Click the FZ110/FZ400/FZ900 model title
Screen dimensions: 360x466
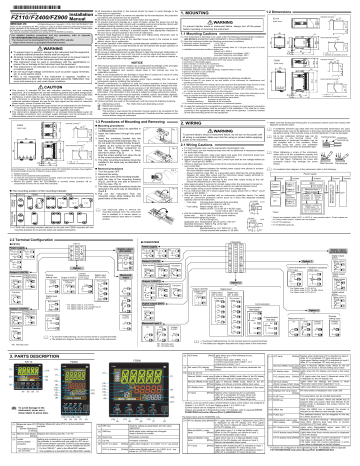click(45, 20)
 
